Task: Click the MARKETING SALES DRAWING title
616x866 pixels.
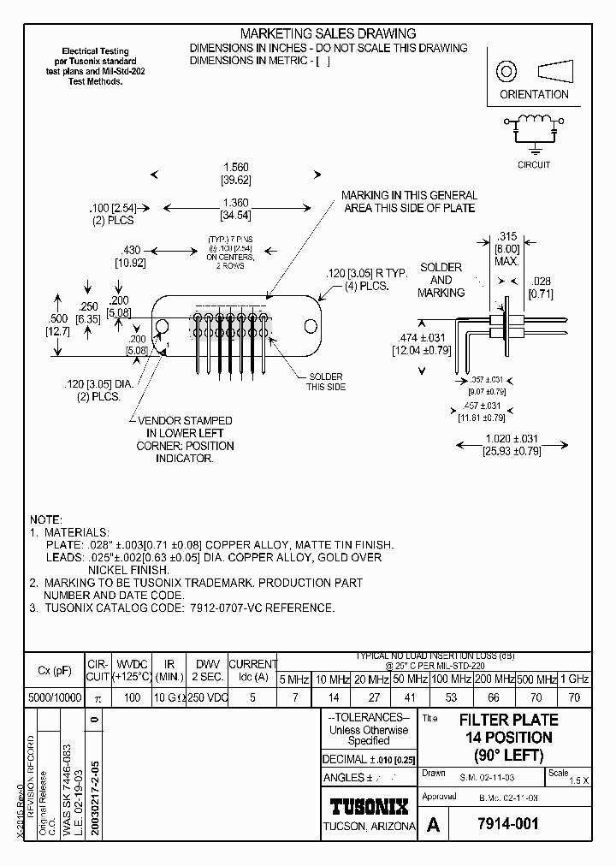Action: pyautogui.click(x=328, y=33)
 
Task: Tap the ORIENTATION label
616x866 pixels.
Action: pyautogui.click(x=533, y=94)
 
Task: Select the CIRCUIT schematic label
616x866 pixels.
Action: pyautogui.click(x=534, y=164)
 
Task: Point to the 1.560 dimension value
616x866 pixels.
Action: pyautogui.click(x=235, y=169)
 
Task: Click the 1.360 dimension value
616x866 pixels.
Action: pyautogui.click(x=235, y=202)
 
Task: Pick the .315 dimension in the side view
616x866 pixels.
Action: pyautogui.click(x=507, y=236)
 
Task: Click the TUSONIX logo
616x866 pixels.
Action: pyautogui.click(x=370, y=806)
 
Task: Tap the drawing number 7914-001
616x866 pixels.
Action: pyautogui.click(x=511, y=825)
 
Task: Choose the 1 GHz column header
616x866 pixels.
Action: pyautogui.click(x=573, y=679)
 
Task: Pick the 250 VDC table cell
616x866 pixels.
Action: pyautogui.click(x=206, y=697)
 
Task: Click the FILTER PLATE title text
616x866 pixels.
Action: pyautogui.click(x=508, y=720)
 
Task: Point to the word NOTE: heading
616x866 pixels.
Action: pyautogui.click(x=45, y=519)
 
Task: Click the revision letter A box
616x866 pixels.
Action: pyautogui.click(x=434, y=825)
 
